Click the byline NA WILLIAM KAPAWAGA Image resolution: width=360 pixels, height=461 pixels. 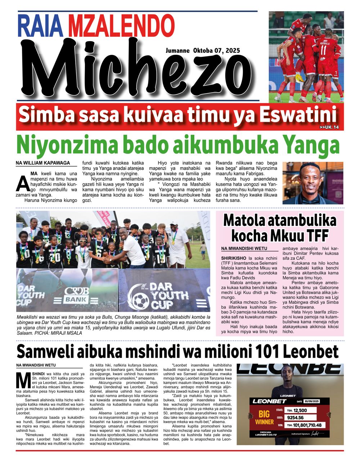click(x=43, y=163)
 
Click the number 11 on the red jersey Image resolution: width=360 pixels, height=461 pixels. click(x=324, y=49)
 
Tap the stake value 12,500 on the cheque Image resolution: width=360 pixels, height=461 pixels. click(x=300, y=410)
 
